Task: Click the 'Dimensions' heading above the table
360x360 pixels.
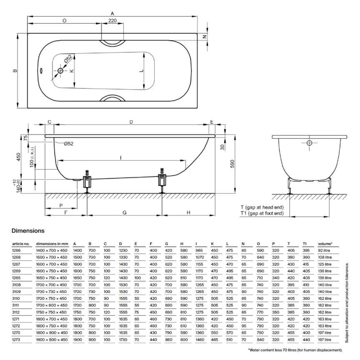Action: click(28, 230)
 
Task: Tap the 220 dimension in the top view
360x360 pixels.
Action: click(112, 20)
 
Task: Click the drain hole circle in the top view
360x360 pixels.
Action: click(60, 71)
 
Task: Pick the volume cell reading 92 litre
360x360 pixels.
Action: click(324, 251)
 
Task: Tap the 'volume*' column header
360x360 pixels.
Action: click(325, 244)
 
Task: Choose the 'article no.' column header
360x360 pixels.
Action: click(20, 244)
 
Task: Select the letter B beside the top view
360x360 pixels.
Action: click(15, 71)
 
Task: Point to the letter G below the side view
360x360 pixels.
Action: click(125, 212)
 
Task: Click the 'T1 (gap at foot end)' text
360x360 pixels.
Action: click(262, 213)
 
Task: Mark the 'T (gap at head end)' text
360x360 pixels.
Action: click(262, 207)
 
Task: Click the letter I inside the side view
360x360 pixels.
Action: click(121, 157)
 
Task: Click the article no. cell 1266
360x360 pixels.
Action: click(16, 251)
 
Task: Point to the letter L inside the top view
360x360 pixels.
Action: click(142, 71)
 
